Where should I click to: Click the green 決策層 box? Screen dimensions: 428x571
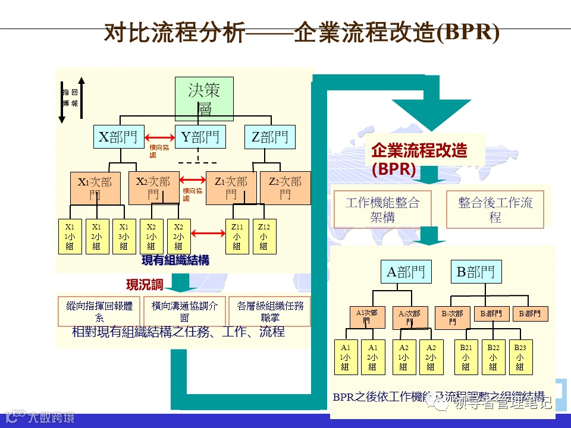(x=203, y=99)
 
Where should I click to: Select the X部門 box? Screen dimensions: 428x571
(x=119, y=137)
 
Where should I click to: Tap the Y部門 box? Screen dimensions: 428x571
(x=200, y=137)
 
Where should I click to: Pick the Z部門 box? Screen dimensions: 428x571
(x=269, y=137)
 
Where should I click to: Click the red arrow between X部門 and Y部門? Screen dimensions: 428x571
(x=159, y=137)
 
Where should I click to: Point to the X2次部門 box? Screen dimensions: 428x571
(x=153, y=187)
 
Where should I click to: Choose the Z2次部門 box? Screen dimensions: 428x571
(x=285, y=187)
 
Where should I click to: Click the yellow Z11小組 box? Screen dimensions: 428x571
(x=237, y=237)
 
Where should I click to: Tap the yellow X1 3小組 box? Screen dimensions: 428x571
(x=124, y=237)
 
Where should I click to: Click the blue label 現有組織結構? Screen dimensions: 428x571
(x=175, y=260)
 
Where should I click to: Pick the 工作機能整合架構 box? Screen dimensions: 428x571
(x=382, y=209)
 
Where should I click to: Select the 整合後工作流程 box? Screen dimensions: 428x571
(x=495, y=209)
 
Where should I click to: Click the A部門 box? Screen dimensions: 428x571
(x=406, y=272)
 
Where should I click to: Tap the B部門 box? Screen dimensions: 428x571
(x=475, y=272)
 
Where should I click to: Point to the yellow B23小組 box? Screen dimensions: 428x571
(x=520, y=357)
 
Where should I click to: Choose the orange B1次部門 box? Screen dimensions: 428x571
(x=452, y=317)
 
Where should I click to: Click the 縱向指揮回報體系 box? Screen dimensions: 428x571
(x=99, y=311)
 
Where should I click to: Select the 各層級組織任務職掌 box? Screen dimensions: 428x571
(x=269, y=311)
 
